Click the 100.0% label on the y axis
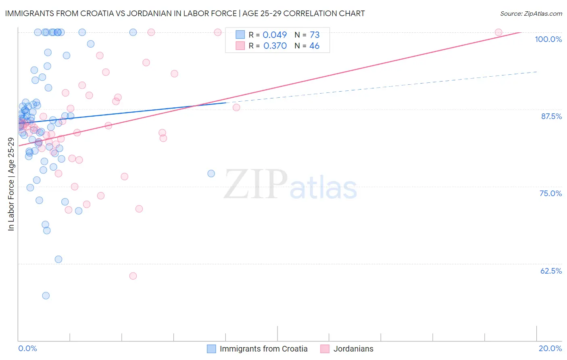point(548,39)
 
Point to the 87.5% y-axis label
point(551,116)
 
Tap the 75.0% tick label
point(550,193)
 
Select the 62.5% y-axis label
point(551,271)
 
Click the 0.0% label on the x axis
point(27,348)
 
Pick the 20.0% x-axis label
point(550,348)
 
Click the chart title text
point(185,13)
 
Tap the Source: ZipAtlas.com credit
point(531,13)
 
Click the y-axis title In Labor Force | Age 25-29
point(11,184)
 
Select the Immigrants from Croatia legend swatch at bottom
point(211,349)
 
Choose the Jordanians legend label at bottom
point(353,349)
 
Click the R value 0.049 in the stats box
point(275,35)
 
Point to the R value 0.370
point(275,46)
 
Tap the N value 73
point(315,35)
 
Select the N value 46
point(314,46)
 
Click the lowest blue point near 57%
point(46,295)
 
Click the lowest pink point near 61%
point(133,276)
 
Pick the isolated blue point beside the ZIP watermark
point(211,174)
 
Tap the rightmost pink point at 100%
point(498,32)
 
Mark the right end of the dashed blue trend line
point(537,71)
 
